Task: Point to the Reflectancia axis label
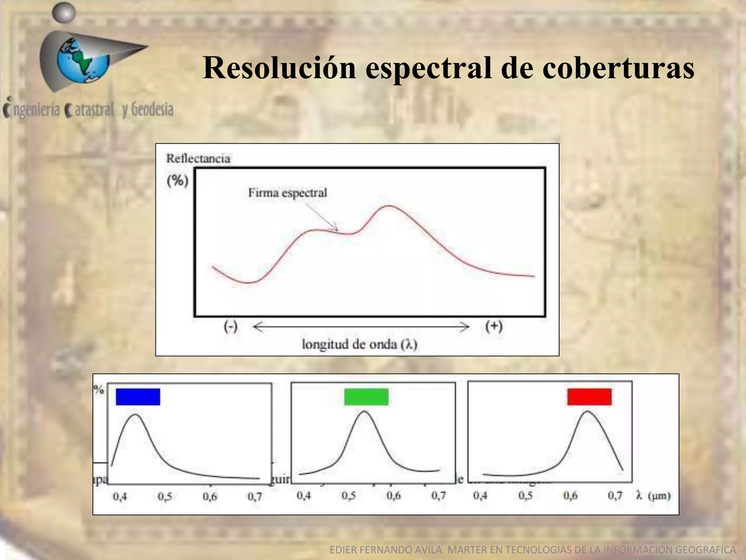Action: (198, 159)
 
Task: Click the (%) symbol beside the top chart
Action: (178, 180)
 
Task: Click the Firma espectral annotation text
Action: (287, 192)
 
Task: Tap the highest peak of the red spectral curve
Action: (389, 206)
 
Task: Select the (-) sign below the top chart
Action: (231, 326)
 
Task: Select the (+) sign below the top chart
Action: (494, 326)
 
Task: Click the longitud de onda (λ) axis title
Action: (360, 344)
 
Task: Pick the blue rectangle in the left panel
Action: (138, 397)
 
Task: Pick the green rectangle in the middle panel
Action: (366, 397)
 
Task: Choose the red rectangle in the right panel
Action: (589, 397)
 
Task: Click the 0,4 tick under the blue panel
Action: (120, 497)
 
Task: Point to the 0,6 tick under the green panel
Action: (393, 495)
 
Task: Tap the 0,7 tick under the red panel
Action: (615, 495)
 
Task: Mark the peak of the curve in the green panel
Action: (365, 411)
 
